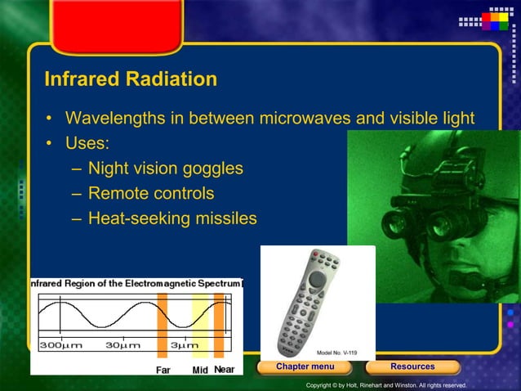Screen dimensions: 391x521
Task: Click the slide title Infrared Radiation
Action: (131, 79)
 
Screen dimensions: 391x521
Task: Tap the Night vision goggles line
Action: (166, 169)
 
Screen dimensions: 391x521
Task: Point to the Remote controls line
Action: (151, 194)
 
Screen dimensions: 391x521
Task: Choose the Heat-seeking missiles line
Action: (172, 218)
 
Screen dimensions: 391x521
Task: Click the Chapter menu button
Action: (305, 366)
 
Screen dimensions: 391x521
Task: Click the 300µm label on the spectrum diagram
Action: (60, 345)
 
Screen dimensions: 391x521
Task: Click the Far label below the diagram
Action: (163, 370)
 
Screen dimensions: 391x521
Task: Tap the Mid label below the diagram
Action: (200, 370)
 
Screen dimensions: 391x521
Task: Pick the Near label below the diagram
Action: (224, 370)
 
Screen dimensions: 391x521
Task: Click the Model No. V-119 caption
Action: (336, 353)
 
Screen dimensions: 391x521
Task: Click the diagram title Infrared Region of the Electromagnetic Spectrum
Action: (136, 283)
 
